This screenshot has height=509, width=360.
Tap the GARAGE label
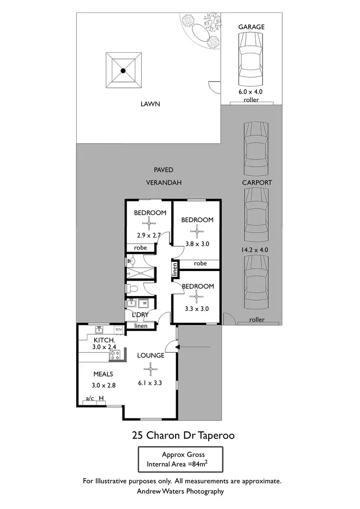(x=252, y=27)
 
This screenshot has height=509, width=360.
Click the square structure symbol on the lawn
(x=123, y=71)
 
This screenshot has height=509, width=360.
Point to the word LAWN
(x=150, y=104)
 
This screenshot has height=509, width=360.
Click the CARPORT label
(x=257, y=182)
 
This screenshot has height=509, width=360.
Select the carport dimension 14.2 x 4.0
(x=257, y=249)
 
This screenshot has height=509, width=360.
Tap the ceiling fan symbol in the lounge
(x=150, y=369)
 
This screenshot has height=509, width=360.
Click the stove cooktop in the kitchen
(x=115, y=355)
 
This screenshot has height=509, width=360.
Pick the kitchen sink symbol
(x=99, y=330)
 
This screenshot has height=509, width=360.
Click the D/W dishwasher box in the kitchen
(x=118, y=330)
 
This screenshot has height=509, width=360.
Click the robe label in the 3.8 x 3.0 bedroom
(x=200, y=263)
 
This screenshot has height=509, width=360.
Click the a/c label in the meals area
(x=89, y=398)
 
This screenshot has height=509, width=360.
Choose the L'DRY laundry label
(x=140, y=314)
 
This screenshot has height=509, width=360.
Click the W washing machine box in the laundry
(x=144, y=303)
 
